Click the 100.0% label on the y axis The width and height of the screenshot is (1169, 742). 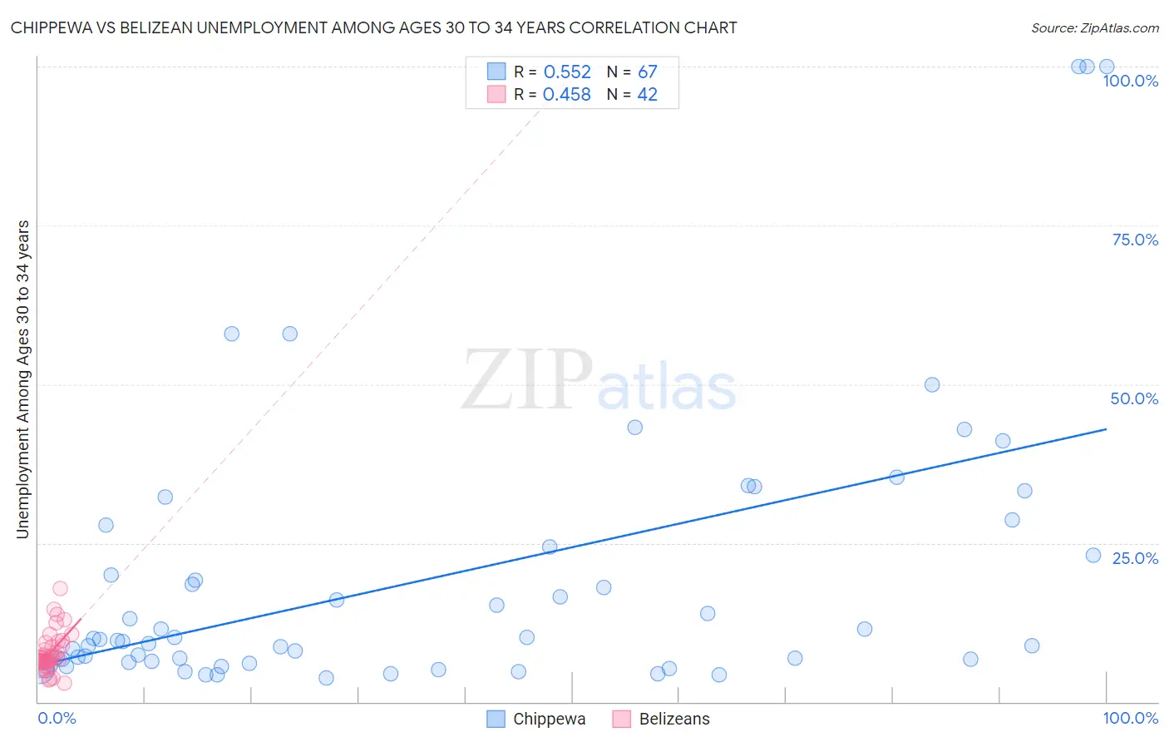tap(1130, 81)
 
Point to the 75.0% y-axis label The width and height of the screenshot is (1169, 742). tap(1135, 240)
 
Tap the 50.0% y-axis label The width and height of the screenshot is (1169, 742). tap(1134, 398)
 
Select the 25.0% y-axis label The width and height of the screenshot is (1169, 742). tap(1135, 558)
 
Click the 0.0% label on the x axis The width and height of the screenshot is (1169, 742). tap(57, 718)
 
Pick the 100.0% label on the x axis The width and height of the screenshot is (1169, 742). tap(1130, 718)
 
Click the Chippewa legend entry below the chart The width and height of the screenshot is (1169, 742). tap(549, 719)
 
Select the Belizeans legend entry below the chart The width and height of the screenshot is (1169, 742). tap(674, 719)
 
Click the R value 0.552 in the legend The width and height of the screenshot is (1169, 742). tap(567, 72)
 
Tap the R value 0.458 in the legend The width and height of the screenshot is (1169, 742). tap(567, 95)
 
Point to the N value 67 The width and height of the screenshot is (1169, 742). tap(648, 72)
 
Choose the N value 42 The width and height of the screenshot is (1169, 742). tap(648, 95)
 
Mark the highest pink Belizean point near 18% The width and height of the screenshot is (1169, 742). tap(60, 589)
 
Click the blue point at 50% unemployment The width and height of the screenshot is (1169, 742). tap(932, 385)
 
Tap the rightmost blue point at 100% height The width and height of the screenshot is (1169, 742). tap(1107, 67)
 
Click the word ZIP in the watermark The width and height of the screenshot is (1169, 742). tap(527, 380)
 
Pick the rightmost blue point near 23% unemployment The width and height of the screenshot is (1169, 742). tap(1093, 555)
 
